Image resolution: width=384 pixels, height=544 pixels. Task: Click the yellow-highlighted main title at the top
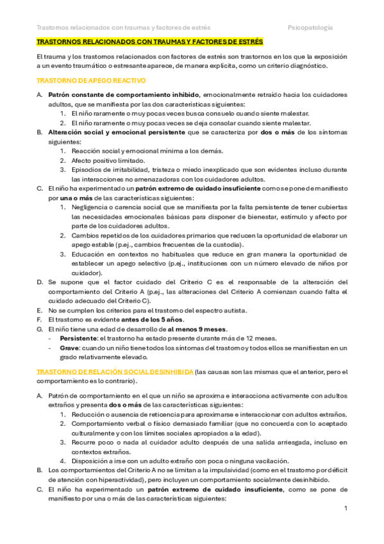tap(149, 42)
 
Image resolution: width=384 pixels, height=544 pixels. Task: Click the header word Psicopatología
tap(310, 28)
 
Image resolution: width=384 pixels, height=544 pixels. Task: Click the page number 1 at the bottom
tap(346, 509)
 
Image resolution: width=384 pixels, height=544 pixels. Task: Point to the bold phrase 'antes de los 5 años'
tap(158, 319)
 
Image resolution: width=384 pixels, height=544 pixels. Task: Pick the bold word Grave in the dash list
tap(70, 348)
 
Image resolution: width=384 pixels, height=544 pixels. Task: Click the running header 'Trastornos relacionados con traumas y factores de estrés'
tap(124, 28)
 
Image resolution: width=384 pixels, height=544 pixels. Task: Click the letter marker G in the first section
tap(40, 329)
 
